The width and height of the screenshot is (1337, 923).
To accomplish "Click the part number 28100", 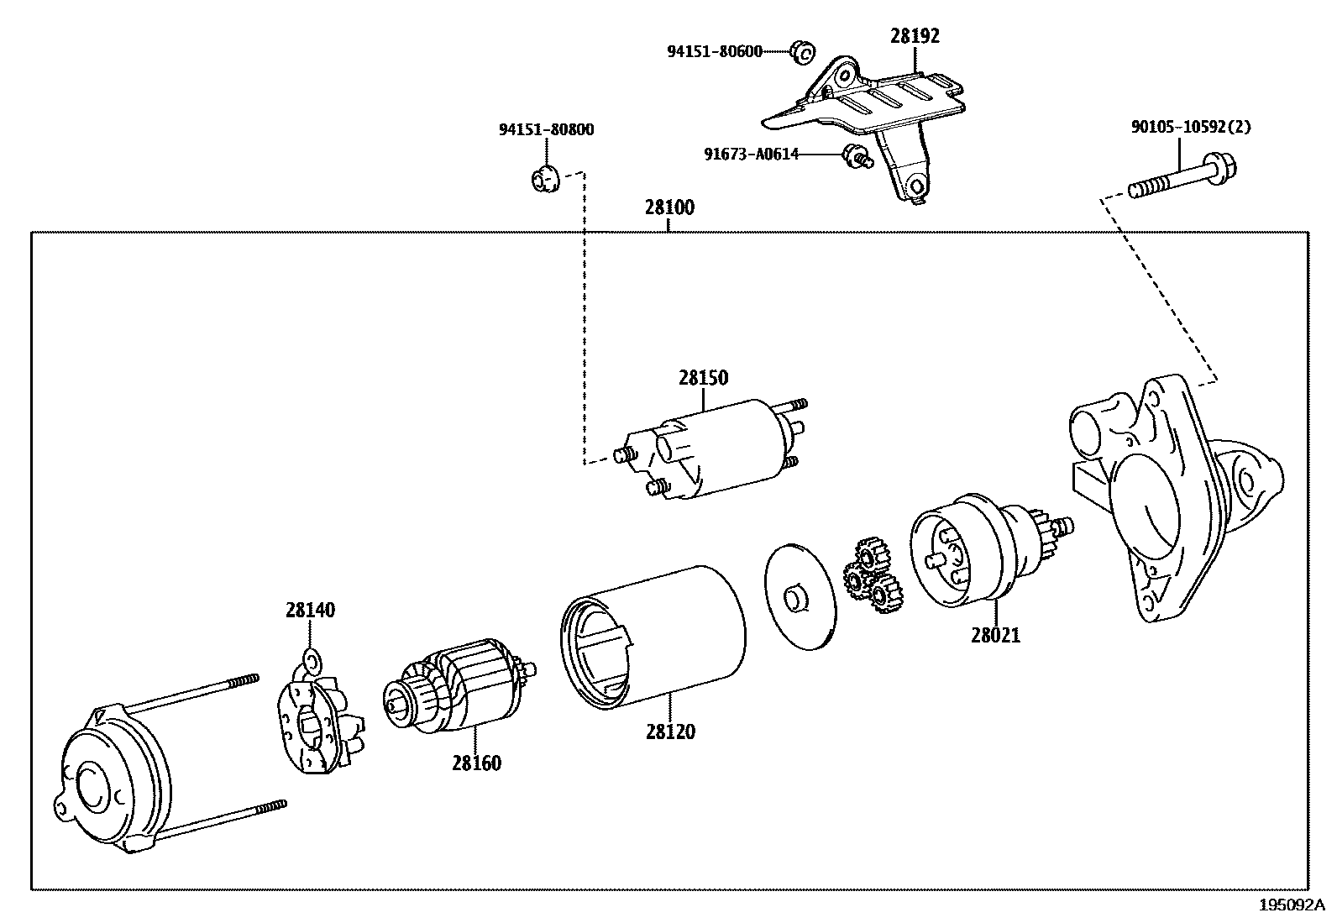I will point(669,207).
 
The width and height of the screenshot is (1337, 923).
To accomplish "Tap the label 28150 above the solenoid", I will point(703,378).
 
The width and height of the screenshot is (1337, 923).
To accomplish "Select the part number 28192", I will point(915,36).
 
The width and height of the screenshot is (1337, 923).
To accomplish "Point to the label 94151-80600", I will point(715,52).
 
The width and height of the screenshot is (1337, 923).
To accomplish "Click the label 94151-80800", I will point(546,130).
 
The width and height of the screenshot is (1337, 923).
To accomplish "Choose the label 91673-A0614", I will point(751,155).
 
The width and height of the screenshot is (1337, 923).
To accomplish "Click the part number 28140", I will point(309,611).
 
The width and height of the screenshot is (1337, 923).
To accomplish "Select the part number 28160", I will point(476,763).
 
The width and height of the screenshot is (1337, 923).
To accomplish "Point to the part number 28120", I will point(670,732).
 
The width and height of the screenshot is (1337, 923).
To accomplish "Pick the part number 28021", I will point(995,636).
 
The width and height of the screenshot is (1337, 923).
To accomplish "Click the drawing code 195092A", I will point(1291,905).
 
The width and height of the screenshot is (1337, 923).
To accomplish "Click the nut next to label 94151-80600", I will point(802,53).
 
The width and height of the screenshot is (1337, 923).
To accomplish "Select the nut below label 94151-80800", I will point(545,178).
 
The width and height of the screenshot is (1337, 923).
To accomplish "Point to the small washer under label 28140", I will point(311,659).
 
